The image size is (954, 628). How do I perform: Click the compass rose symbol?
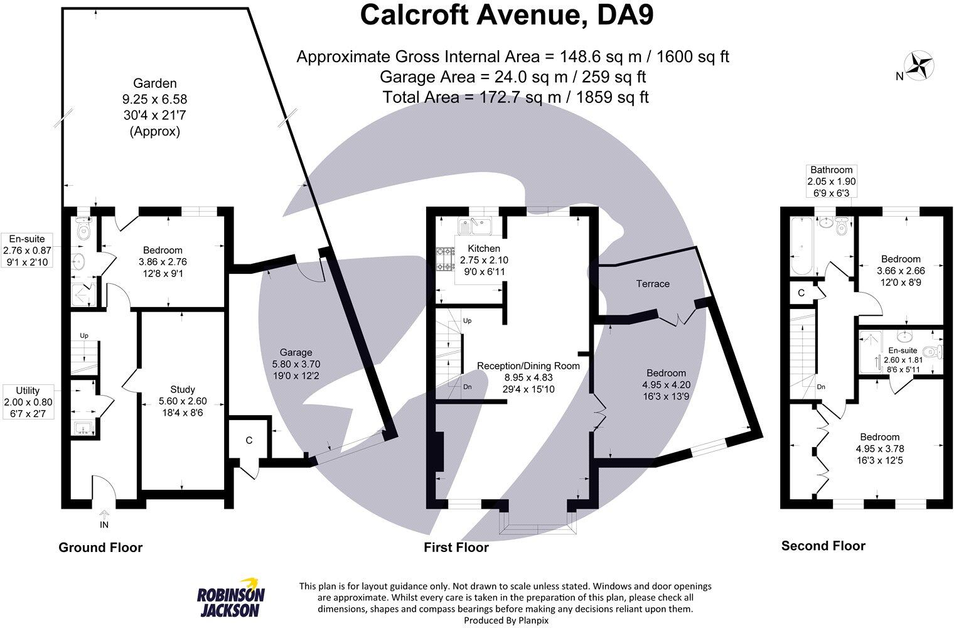coord(920,64)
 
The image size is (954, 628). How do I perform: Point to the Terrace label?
coord(653,284)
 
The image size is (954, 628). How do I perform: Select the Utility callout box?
coord(28,402)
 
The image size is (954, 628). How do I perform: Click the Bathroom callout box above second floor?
coord(831,181)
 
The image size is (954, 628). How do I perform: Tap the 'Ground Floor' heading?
coord(100,548)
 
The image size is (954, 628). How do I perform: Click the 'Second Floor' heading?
coord(823,546)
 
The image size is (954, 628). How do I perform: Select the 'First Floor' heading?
coord(456,548)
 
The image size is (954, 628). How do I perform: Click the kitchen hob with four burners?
coord(445,259)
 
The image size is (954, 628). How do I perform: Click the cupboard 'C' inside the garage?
coord(249,440)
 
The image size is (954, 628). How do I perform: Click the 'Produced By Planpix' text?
coord(506,620)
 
